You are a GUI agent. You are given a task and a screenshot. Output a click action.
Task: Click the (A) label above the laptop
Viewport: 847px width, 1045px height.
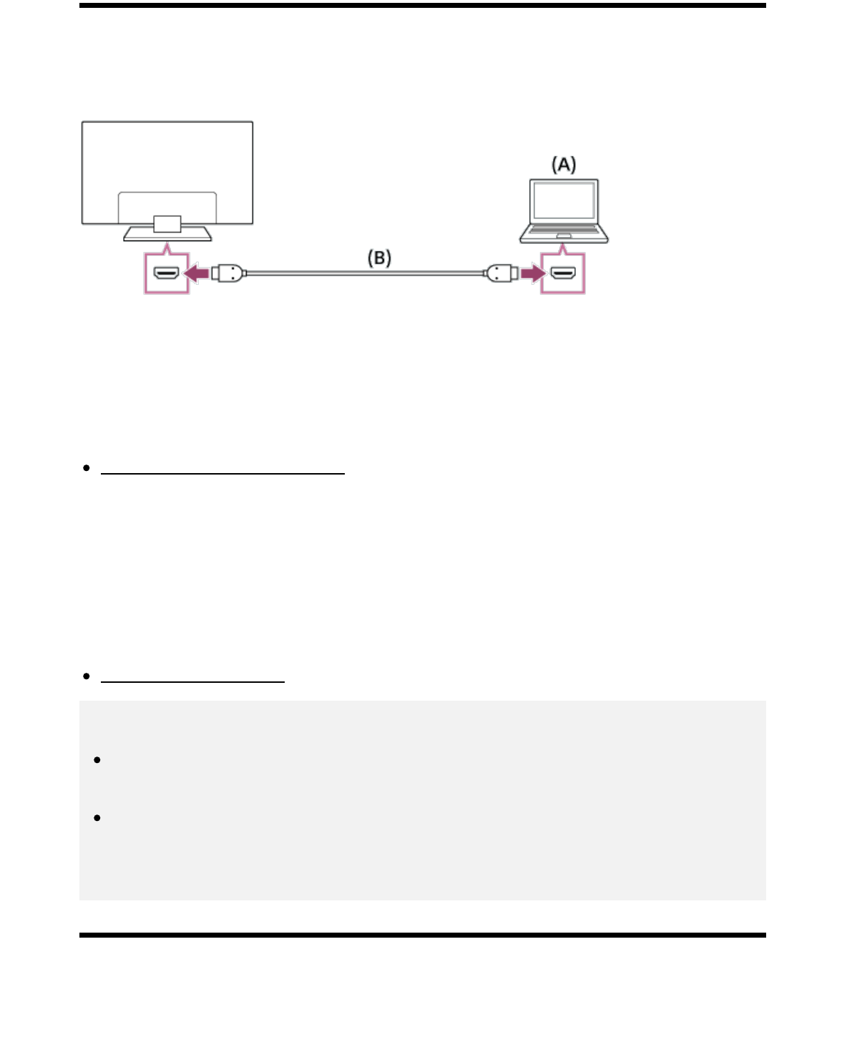coord(563,165)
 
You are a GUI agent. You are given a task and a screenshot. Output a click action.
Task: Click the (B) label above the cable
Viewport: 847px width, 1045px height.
coord(379,258)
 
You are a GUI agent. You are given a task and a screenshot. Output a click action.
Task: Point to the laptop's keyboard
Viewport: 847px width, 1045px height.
coord(564,230)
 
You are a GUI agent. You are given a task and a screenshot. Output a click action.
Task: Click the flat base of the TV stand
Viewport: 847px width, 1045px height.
coord(167,235)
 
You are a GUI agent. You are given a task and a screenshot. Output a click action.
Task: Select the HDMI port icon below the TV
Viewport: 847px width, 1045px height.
coord(167,273)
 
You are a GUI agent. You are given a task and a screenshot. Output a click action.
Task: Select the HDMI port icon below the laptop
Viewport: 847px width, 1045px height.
coord(563,273)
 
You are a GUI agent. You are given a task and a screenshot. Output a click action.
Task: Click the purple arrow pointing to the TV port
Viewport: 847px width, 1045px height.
coord(196,273)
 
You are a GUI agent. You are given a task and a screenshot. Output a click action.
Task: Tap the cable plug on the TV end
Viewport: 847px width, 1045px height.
coord(228,273)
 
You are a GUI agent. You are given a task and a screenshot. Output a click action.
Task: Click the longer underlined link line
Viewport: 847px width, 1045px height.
coord(222,472)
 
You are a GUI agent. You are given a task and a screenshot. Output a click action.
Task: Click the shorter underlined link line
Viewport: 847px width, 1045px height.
coord(193,681)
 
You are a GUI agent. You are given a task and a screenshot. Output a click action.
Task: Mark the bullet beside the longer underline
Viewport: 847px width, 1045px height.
coord(87,468)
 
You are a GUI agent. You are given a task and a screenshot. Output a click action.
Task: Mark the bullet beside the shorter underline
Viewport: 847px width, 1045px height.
coord(87,676)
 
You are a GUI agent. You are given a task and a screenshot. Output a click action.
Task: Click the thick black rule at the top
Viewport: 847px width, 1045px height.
coord(422,5)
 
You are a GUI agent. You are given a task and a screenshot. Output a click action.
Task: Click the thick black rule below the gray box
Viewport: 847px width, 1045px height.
coord(422,935)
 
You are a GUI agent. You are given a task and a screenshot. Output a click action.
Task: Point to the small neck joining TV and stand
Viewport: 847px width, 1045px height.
coord(167,224)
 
